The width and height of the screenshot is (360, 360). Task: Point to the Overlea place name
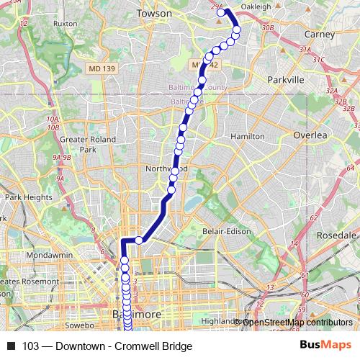tap(310, 135)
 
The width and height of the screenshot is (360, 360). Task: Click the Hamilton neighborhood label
tap(247, 136)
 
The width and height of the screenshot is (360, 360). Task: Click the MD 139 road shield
tap(101, 68)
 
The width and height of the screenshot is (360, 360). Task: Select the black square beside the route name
tap(10, 346)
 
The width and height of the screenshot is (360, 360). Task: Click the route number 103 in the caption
tap(32, 346)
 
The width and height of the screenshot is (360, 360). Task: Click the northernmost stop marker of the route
tap(221, 12)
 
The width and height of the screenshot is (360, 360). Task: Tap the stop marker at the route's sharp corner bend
tap(139, 240)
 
